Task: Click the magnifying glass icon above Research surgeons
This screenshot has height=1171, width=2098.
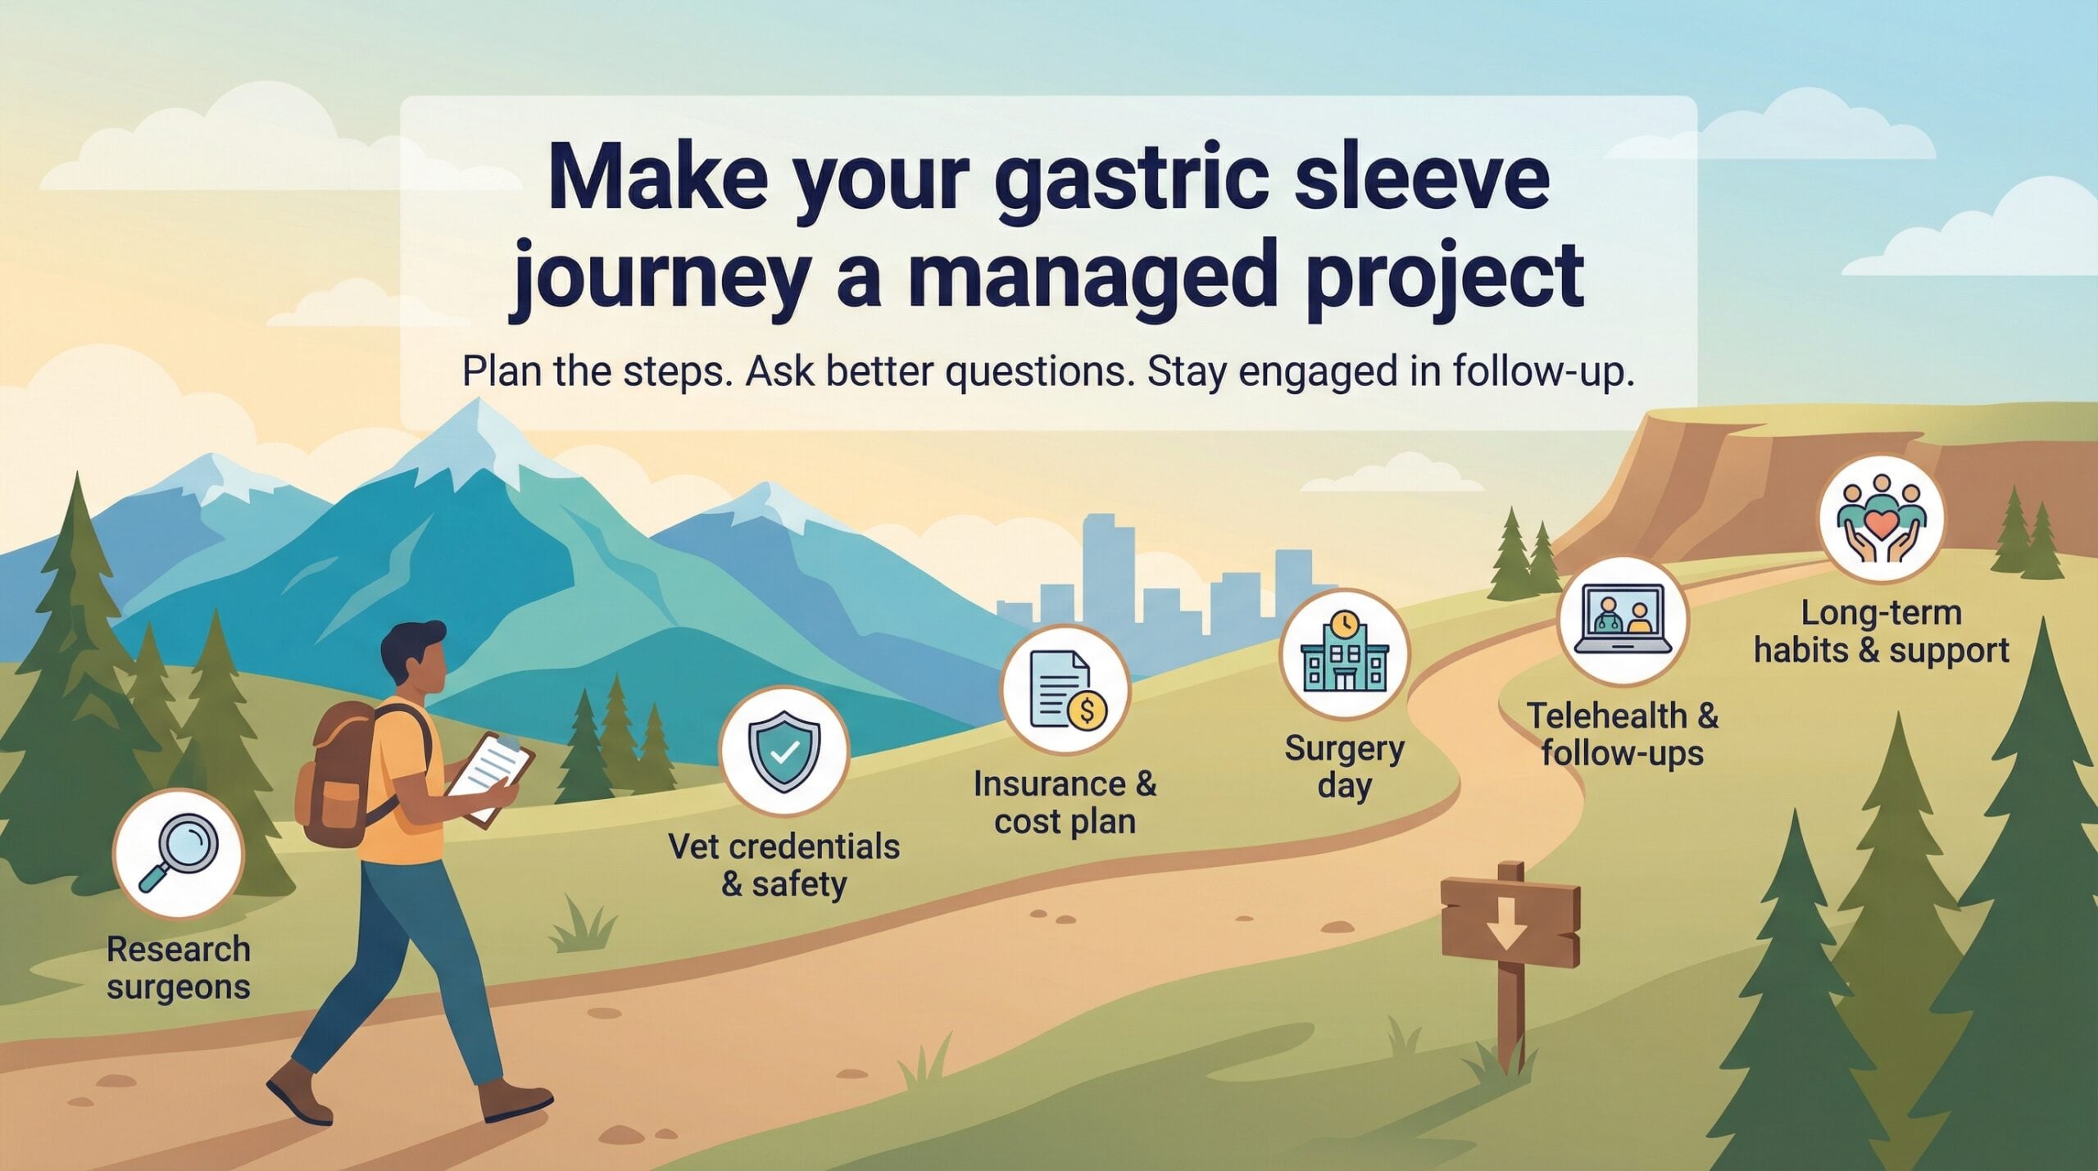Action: (x=178, y=852)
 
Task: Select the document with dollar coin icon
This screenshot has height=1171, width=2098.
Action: (x=1065, y=689)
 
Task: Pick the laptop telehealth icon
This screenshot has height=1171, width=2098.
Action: (x=1623, y=620)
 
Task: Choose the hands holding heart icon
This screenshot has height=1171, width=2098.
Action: (x=1881, y=519)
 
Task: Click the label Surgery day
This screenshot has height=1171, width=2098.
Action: (x=1344, y=767)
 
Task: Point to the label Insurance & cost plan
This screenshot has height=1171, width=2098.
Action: (x=1065, y=802)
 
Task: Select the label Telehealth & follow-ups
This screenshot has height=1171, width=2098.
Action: (x=1622, y=734)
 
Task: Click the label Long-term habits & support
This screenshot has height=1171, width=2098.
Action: (x=1881, y=632)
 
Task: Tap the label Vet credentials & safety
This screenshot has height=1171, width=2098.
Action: (x=784, y=865)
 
